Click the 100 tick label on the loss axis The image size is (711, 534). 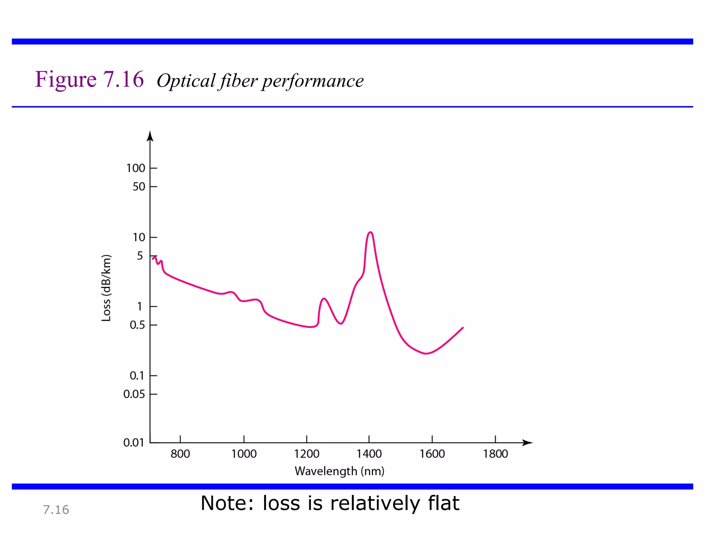(135, 168)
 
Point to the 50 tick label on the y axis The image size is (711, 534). (139, 187)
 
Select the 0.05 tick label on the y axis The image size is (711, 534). (134, 394)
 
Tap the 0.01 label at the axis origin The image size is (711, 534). (134, 443)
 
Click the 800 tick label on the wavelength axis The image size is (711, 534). (180, 454)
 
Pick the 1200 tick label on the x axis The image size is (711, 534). (307, 454)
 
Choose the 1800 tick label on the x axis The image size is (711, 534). (495, 454)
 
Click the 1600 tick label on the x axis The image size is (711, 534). (432, 454)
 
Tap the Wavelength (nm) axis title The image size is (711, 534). (339, 471)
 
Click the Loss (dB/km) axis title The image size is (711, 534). (106, 288)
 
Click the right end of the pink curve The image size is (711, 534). (463, 327)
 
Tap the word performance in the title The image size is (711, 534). (313, 81)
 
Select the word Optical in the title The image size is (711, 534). (186, 81)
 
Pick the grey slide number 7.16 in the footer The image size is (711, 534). (56, 510)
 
